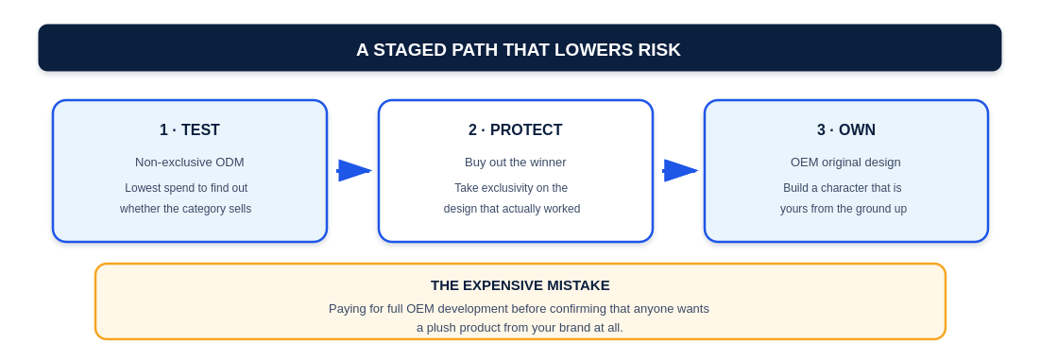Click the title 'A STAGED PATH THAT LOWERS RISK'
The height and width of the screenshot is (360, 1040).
519,50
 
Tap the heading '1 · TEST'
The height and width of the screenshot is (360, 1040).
190,130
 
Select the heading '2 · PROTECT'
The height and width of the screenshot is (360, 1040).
516,130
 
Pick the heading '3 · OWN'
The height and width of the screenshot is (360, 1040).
846,130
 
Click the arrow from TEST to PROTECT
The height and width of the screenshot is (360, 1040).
354,170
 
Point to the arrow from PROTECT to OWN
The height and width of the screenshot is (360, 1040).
680,170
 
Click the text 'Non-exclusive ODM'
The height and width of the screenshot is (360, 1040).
190,163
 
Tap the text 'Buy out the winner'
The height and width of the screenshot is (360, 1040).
516,163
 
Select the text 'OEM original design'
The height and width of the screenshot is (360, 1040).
845,163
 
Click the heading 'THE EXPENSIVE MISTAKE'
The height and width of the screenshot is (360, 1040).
520,285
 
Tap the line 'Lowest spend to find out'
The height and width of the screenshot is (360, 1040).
186,188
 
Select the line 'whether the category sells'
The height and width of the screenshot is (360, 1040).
186,209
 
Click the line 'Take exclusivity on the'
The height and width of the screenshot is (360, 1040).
511,188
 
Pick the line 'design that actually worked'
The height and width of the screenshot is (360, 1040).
512,209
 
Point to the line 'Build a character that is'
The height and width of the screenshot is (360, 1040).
843,188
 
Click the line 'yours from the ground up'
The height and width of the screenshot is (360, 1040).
843,209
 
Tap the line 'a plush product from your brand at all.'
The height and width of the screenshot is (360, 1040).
520,328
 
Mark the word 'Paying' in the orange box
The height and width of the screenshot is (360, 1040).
346,309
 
